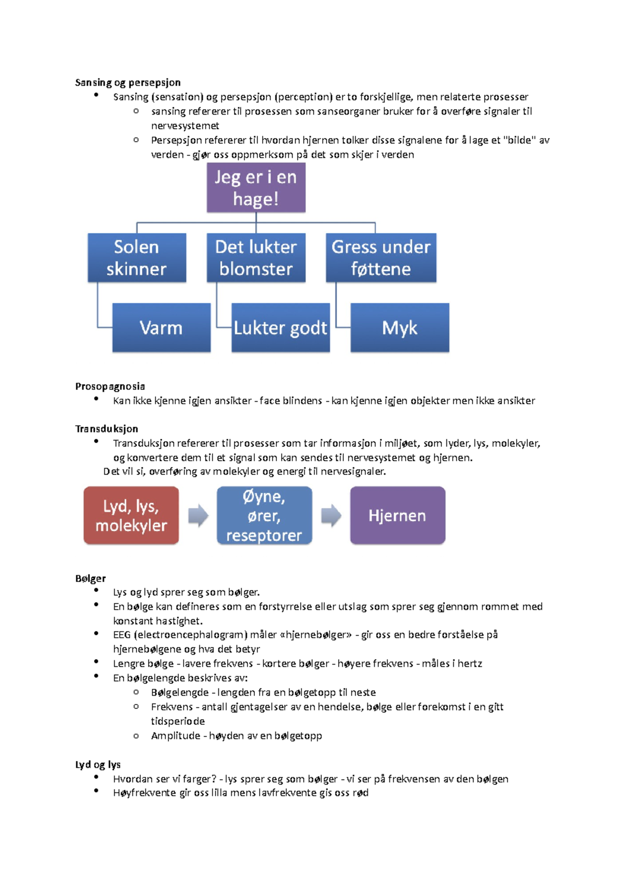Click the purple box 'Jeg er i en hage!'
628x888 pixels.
click(x=256, y=188)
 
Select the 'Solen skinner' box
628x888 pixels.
click(x=137, y=258)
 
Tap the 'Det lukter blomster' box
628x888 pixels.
click(x=256, y=258)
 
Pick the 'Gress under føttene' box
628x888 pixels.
click(x=381, y=258)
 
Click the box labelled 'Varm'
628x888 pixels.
click(x=161, y=328)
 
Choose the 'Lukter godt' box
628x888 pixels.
click(x=281, y=328)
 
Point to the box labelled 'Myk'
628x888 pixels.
click(x=400, y=328)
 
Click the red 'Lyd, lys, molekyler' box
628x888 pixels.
click(x=131, y=516)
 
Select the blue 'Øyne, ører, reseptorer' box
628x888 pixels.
click(x=264, y=516)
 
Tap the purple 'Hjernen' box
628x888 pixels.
click(x=397, y=516)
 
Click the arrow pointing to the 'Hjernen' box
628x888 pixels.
click(x=331, y=516)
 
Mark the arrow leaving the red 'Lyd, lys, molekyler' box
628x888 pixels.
click(x=198, y=516)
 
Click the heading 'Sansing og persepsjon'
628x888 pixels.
click(x=128, y=83)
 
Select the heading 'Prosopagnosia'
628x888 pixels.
click(x=110, y=386)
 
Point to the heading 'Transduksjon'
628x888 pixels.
click(x=107, y=429)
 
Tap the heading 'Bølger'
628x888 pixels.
click(x=91, y=578)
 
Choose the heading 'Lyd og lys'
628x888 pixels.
click(x=98, y=765)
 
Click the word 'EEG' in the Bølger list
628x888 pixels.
click(x=121, y=635)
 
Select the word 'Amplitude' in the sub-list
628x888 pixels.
click(x=175, y=736)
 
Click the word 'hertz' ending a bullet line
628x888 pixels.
click(x=469, y=664)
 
